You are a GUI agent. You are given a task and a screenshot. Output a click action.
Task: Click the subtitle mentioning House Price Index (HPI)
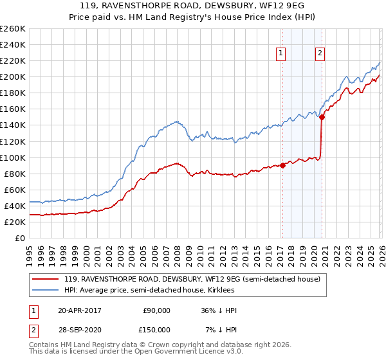(193, 17)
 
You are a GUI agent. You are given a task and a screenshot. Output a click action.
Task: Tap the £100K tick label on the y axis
(13, 157)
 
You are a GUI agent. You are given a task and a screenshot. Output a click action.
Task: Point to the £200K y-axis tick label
(13, 76)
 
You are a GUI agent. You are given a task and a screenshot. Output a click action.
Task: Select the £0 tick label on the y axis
(21, 238)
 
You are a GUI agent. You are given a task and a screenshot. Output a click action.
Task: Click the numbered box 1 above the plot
(282, 54)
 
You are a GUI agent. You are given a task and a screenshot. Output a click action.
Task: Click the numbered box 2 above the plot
(320, 54)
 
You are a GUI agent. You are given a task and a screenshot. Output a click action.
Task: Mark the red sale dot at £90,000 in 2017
(282, 165)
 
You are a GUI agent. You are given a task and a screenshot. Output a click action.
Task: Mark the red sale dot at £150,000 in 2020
(322, 117)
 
